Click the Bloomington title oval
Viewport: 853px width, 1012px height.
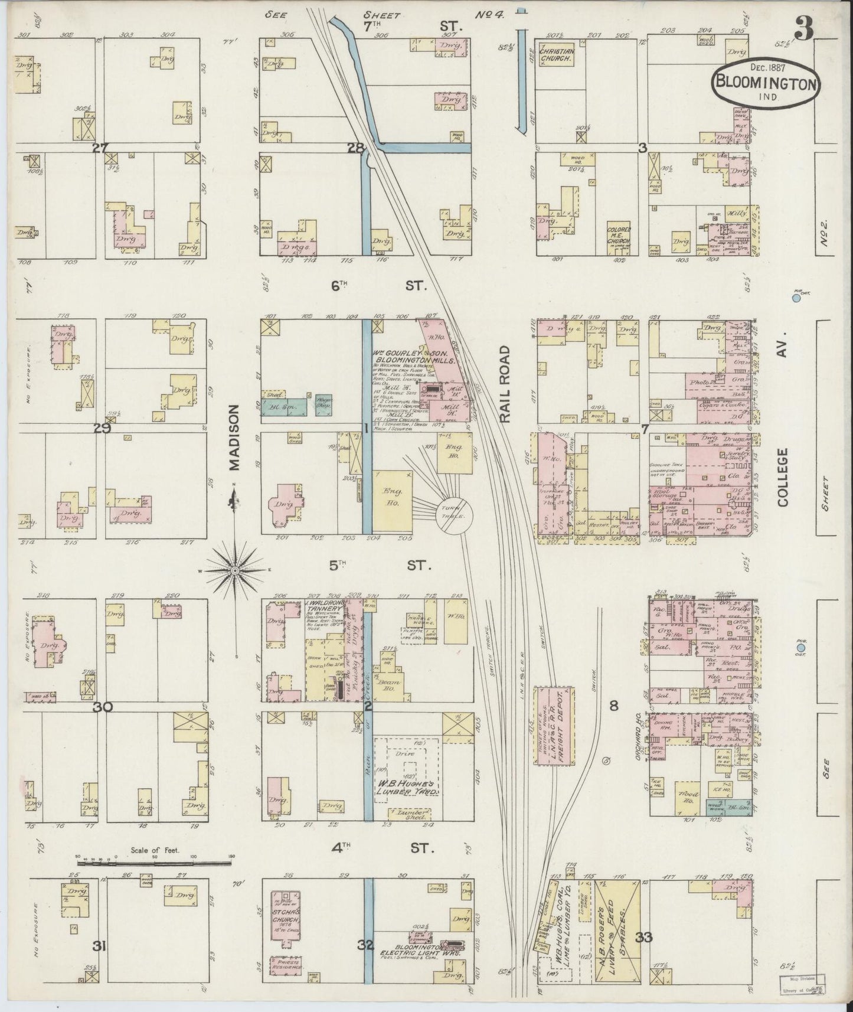click(766, 83)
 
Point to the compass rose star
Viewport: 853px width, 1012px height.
click(234, 570)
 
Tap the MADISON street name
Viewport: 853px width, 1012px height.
click(236, 438)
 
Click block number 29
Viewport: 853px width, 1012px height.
click(102, 429)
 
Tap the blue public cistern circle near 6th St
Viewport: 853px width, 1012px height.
click(796, 298)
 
